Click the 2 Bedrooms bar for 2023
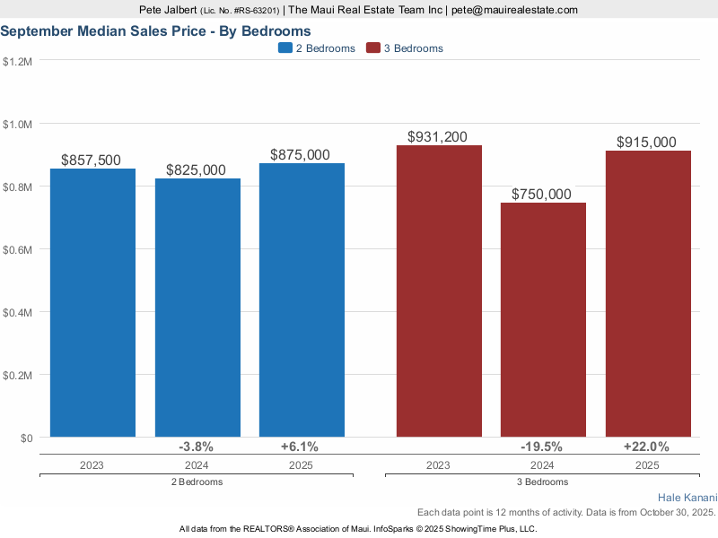[92, 303]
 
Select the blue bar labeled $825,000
[197, 308]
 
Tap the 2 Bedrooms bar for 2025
[302, 300]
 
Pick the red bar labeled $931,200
[438, 291]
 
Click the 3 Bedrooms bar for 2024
[543, 320]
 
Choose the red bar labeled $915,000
[647, 294]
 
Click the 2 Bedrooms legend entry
[317, 48]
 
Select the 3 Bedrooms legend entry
[405, 48]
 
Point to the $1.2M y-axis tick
[18, 62]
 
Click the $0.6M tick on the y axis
[18, 249]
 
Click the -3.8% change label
[197, 447]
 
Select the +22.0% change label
[647, 447]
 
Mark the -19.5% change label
[542, 447]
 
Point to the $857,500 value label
[92, 160]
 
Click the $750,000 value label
[542, 195]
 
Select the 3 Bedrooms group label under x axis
[542, 482]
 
